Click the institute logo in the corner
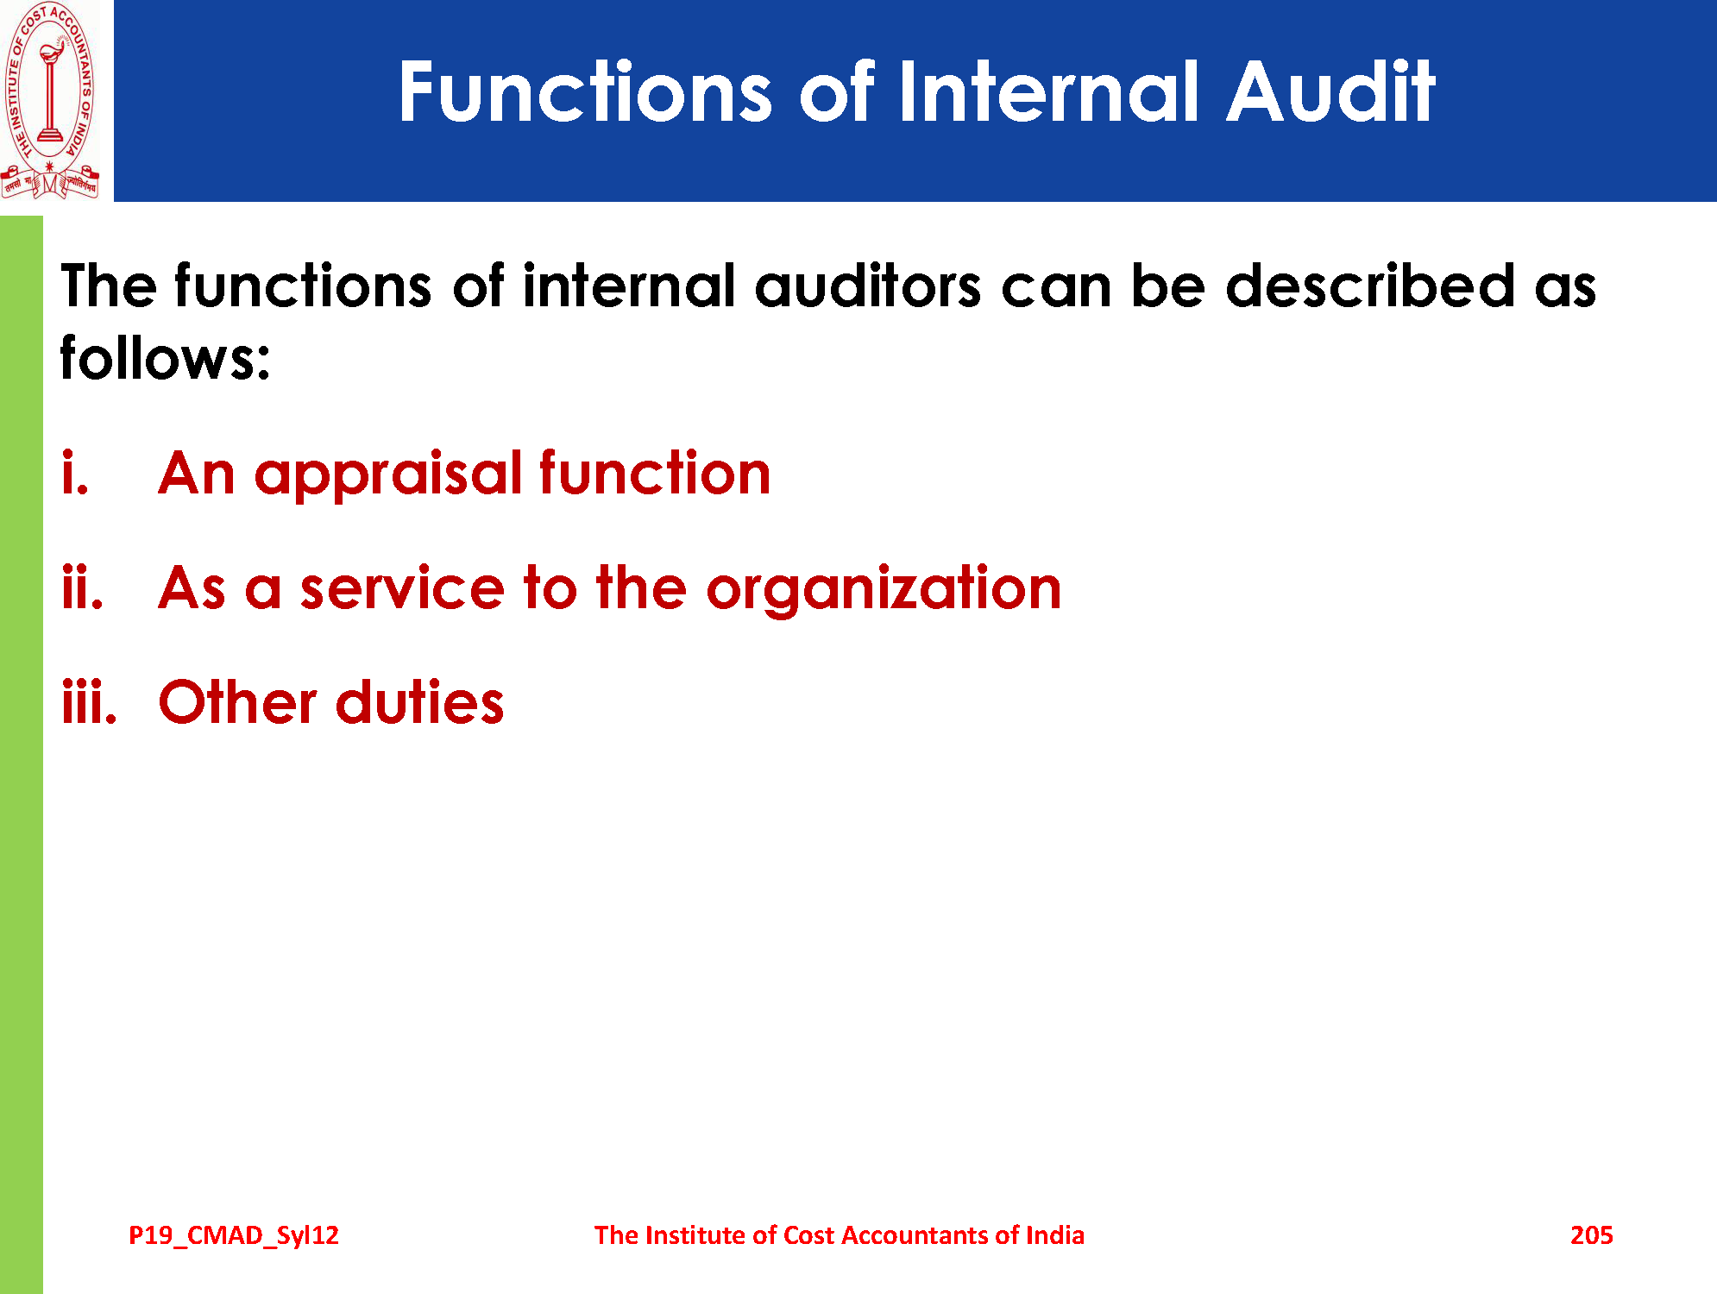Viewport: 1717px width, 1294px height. pos(50,101)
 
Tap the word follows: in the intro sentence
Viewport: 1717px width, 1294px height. pos(165,357)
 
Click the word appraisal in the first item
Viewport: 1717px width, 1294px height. pos(388,476)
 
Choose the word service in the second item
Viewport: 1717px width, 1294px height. pos(402,589)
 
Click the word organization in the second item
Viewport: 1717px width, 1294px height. pos(884,591)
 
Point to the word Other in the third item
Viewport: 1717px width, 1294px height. pos(238,702)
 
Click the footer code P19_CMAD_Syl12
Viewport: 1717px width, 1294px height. pos(234,1235)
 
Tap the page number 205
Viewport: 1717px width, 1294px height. pos(1591,1235)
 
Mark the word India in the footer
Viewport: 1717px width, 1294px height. pos(1054,1235)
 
